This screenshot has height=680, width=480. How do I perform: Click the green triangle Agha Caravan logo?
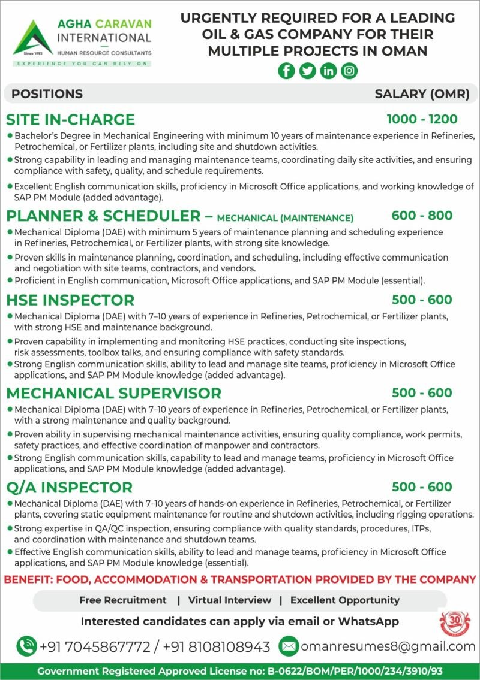(33, 37)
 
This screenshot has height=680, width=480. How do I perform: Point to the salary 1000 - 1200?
(422, 119)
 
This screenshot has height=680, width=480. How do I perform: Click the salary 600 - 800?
(422, 216)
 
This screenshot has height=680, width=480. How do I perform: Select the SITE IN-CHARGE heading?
(70, 119)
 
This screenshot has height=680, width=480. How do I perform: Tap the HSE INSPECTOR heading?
(70, 300)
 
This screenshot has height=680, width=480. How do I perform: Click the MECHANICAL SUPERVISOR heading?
(113, 393)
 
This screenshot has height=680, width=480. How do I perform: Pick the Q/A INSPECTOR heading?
(69, 487)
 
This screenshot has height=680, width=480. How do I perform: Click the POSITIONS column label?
(47, 94)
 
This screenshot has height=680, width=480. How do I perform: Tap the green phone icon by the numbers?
(26, 646)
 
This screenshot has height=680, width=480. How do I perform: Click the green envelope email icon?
(289, 646)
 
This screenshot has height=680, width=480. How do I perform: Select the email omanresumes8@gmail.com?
(388, 646)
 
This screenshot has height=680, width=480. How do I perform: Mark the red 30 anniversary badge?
(455, 623)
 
